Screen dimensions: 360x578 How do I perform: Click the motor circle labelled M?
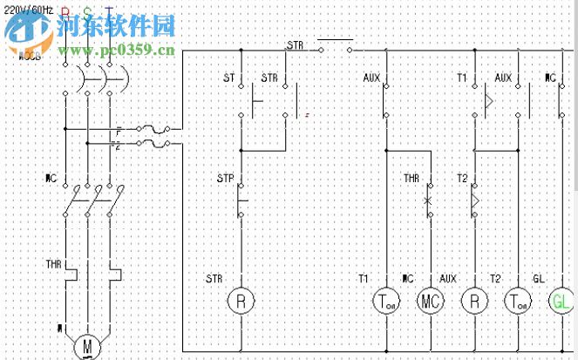[x=87, y=347]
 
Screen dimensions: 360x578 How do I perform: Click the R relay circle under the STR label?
[x=240, y=301]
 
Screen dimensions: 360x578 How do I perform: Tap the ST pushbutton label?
[x=228, y=78]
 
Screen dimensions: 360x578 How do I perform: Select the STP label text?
[x=225, y=179]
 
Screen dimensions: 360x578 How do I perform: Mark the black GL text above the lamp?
[x=539, y=278]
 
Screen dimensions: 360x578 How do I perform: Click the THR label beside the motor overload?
[x=53, y=262]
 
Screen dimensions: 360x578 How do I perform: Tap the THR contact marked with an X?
[x=429, y=200]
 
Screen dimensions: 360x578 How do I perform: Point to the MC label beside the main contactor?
[x=51, y=179]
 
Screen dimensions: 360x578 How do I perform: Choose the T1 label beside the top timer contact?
[x=462, y=78]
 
